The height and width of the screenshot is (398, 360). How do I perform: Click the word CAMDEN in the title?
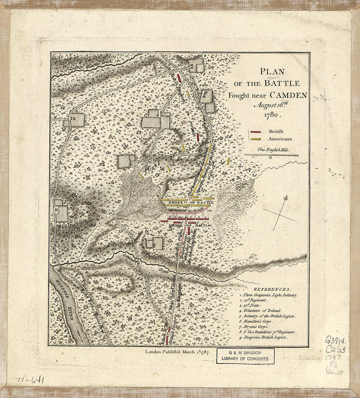point(289,95)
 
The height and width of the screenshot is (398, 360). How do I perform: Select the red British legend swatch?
point(256,132)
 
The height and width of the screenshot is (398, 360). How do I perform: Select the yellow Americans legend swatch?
point(256,139)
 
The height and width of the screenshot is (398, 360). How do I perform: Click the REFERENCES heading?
point(272,289)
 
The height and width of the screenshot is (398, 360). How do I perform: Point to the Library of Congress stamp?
point(245,356)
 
